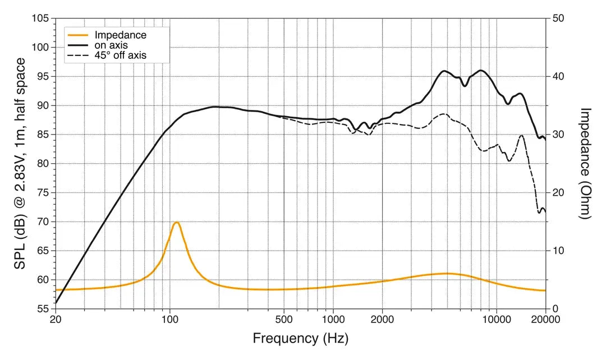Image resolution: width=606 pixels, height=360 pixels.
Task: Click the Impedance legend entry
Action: click(120, 35)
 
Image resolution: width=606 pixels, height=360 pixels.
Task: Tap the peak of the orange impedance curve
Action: click(176, 223)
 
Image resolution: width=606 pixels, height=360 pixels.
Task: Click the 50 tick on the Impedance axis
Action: click(558, 18)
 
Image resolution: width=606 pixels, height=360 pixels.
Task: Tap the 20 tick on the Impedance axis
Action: click(558, 193)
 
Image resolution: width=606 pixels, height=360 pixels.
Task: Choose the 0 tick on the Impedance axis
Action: click(555, 309)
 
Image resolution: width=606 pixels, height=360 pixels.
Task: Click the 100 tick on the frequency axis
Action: click(169, 320)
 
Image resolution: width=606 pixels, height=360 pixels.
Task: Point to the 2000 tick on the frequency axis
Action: click(382, 320)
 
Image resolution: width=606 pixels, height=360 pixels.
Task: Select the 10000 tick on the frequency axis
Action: click(496, 320)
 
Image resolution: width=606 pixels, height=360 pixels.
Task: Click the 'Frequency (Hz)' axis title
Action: click(300, 339)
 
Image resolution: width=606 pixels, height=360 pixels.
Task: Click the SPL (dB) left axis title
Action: click(21, 163)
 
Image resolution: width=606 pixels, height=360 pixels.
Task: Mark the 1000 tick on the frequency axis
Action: click(333, 320)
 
